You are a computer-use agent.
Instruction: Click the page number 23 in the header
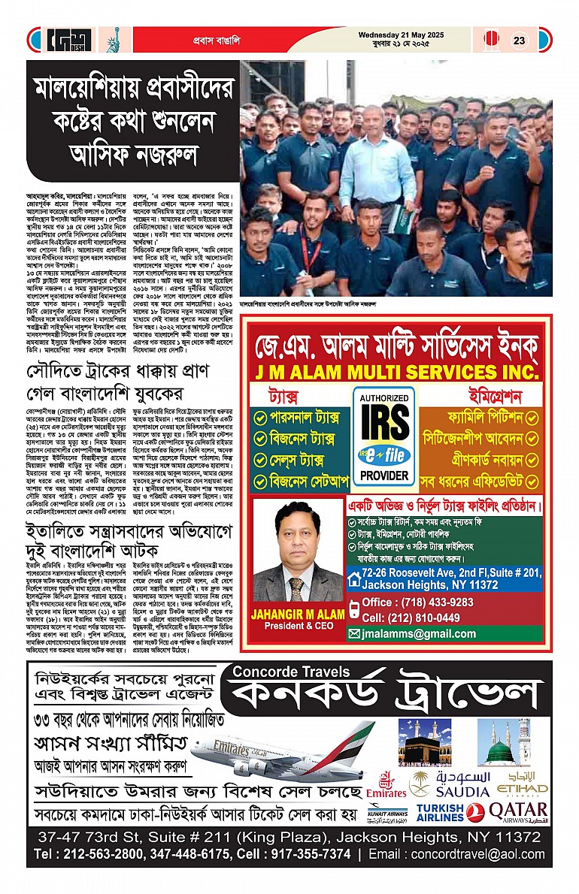[520, 41]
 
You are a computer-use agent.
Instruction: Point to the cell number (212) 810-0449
[411, 618]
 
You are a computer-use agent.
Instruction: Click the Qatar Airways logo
[519, 811]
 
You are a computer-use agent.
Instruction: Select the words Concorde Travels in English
[291, 672]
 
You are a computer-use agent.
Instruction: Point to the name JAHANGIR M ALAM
[299, 614]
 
